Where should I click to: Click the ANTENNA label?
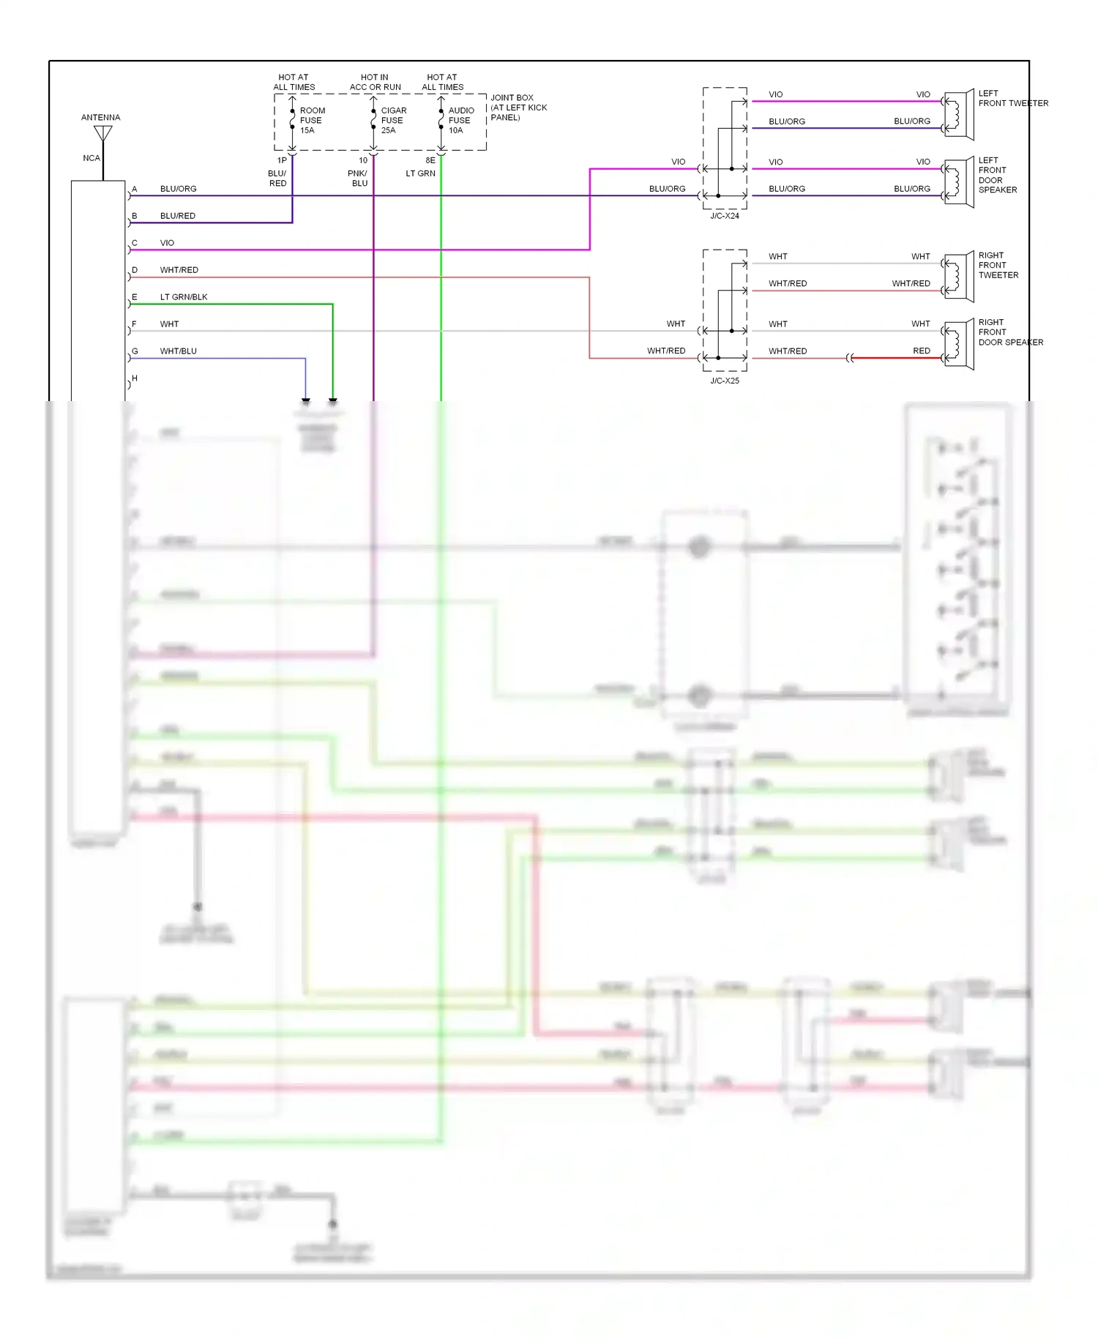coord(100,117)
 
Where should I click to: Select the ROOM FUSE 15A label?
coord(312,121)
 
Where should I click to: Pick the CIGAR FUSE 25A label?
coord(393,121)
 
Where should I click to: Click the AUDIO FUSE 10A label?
coord(460,121)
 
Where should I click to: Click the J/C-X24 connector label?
coord(724,216)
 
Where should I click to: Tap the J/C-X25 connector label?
coord(724,381)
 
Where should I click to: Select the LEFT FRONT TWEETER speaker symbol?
coord(959,115)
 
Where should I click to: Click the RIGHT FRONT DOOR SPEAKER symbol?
coord(959,345)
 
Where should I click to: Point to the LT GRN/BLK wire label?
coord(184,297)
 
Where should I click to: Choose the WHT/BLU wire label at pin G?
coord(178,351)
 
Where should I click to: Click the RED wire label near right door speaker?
coord(921,351)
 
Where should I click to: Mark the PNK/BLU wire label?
coord(358,179)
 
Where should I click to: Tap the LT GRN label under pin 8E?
coord(420,173)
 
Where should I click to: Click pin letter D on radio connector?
coord(135,270)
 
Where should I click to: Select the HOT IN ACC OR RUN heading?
coord(375,82)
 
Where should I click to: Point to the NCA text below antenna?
coord(91,158)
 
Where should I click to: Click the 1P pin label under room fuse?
coord(282,160)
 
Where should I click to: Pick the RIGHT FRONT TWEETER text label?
coord(998,265)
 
